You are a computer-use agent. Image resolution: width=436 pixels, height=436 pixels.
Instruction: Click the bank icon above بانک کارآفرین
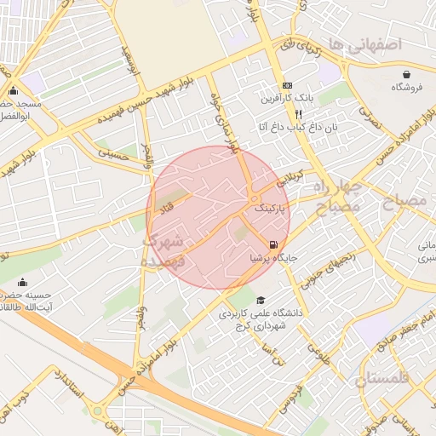point(287,86)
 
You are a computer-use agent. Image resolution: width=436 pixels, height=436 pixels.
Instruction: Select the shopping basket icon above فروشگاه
point(407,74)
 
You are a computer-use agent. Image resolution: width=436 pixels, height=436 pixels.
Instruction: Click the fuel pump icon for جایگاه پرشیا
point(272,243)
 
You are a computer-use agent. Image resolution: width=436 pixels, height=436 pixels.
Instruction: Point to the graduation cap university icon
point(261,300)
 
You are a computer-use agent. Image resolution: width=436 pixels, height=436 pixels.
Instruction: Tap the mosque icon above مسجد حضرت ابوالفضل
point(13,91)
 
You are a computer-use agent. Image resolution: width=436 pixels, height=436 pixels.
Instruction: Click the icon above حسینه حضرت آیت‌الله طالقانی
point(21,281)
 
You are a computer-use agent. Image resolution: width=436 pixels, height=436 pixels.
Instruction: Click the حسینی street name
point(113,155)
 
